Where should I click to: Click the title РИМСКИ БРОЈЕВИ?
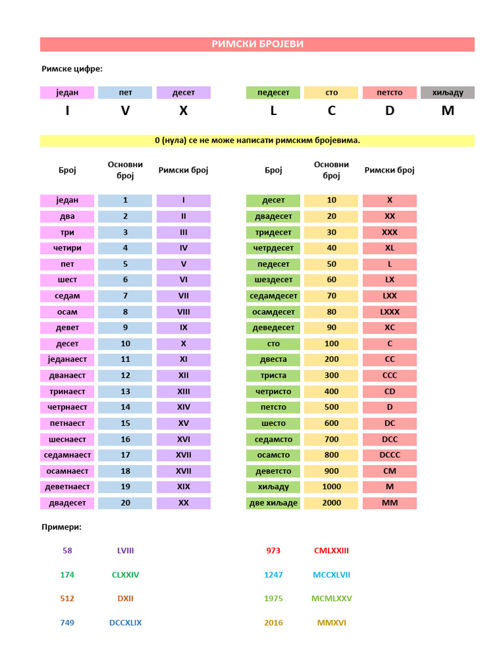tap(257, 44)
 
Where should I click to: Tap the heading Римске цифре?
tap(72, 69)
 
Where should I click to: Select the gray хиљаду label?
tap(448, 93)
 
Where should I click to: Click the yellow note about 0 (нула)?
tap(257, 140)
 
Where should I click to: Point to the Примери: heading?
tap(61, 527)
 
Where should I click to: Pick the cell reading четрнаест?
tap(67, 408)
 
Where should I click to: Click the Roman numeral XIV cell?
tap(183, 408)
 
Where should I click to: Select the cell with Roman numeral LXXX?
tap(389, 312)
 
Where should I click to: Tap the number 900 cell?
tap(331, 471)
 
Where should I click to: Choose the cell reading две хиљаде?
tap(273, 503)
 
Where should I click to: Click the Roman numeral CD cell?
tap(389, 391)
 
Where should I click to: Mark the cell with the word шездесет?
tap(273, 280)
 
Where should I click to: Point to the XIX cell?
tap(183, 487)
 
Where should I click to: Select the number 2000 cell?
tap(331, 503)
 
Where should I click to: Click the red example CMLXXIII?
tap(331, 551)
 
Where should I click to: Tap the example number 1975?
tap(273, 598)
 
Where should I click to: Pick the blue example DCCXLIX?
tap(125, 623)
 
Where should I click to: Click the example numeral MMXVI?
tap(331, 623)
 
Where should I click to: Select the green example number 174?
tap(67, 575)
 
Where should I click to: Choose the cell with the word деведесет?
tap(273, 328)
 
